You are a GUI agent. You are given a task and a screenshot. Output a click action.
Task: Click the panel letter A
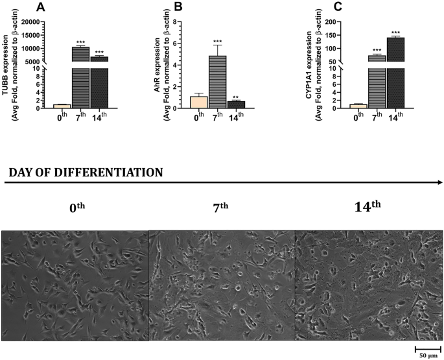[x=41, y=7]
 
